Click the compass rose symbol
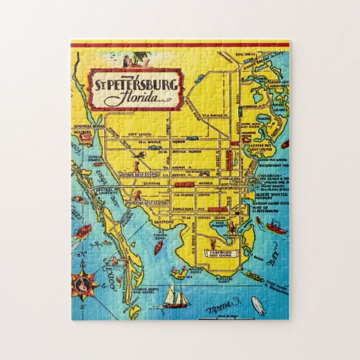(x=84, y=284)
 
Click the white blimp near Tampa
(x=258, y=305)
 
